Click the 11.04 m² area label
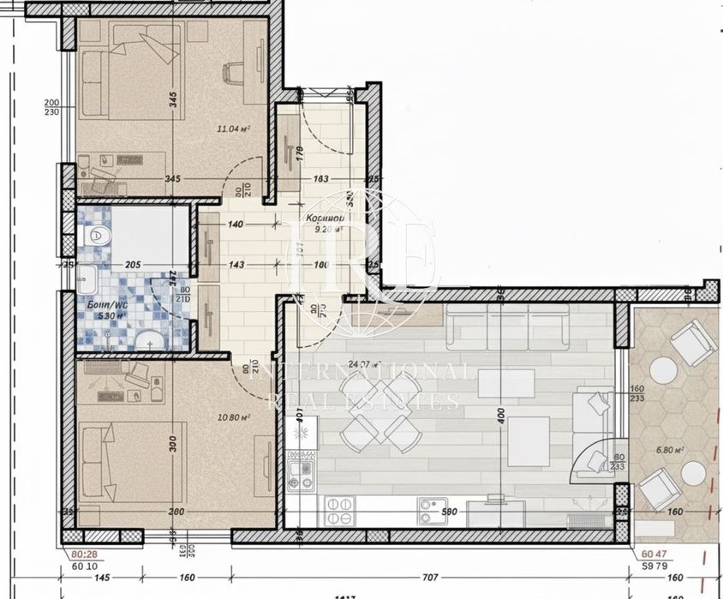(233, 129)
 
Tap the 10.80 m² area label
(233, 417)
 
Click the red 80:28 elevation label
(83, 554)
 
